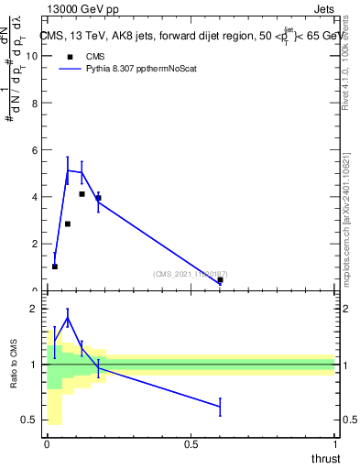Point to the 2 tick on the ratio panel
coord(37,309)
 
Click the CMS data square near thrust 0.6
coord(220,280)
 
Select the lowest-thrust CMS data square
coord(55,267)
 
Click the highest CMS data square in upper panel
coord(82,194)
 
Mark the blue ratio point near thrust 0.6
coord(220,406)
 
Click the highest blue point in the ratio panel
coord(68,319)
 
